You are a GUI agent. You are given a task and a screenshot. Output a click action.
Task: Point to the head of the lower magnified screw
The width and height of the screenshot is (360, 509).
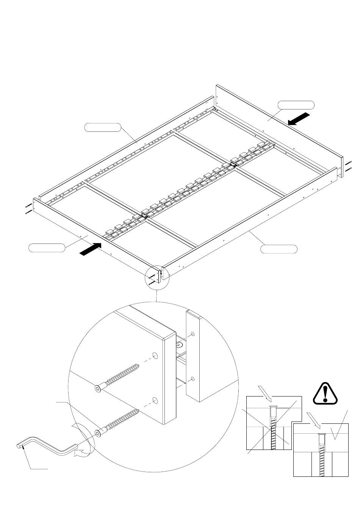99,433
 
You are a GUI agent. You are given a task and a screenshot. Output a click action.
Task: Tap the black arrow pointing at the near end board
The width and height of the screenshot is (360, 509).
91,250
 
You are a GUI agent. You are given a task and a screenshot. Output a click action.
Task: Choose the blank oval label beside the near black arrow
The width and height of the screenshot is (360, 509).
47,248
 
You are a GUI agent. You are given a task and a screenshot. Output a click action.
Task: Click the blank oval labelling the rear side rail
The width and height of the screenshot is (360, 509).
102,127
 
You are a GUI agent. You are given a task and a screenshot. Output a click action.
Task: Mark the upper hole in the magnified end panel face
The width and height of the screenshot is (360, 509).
155,355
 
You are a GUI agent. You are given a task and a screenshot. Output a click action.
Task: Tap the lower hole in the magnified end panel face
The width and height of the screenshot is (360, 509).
155,400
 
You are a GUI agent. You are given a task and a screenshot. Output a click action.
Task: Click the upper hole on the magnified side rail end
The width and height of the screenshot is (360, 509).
193,334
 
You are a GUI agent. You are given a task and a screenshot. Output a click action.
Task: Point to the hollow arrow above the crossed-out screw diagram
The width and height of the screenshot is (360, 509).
264,393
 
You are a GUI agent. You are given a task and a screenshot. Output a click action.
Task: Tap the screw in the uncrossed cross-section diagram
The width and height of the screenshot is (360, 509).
322,454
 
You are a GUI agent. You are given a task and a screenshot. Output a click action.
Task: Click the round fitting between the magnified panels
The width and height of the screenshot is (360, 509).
180,345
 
